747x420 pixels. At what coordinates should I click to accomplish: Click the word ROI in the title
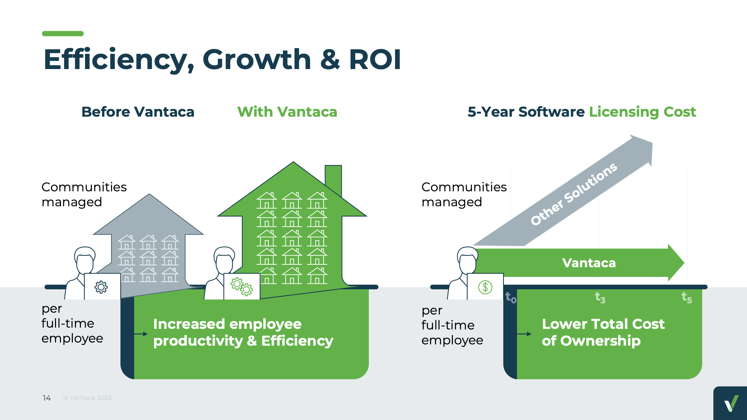(x=375, y=59)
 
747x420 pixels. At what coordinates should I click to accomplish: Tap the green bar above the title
(x=63, y=34)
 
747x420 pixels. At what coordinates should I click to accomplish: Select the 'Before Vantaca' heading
(x=138, y=112)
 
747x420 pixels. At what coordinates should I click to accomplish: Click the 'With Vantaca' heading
(x=287, y=112)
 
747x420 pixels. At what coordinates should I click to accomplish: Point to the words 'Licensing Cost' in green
(x=642, y=112)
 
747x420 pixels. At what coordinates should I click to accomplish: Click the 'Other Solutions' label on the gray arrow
(x=573, y=194)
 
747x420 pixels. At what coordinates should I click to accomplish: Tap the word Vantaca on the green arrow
(x=589, y=263)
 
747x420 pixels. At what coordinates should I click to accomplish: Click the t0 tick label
(x=511, y=297)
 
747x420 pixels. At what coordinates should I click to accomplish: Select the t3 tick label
(x=600, y=297)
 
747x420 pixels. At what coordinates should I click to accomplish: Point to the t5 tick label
(x=687, y=297)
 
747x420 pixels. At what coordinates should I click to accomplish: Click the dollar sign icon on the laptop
(x=485, y=287)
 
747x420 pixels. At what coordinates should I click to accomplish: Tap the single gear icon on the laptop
(x=101, y=287)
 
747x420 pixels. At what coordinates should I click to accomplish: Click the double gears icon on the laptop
(x=242, y=286)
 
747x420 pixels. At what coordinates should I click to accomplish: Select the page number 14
(x=47, y=398)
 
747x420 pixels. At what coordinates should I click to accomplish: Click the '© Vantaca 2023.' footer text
(x=88, y=398)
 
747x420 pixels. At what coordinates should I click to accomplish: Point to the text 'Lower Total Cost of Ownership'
(x=603, y=332)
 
